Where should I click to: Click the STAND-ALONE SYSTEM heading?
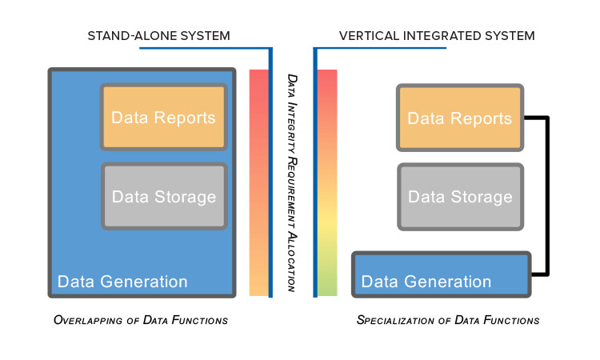[x=159, y=36]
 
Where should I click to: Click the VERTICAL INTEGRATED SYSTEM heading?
[x=437, y=36]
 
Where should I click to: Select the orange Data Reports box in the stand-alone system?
[x=164, y=117]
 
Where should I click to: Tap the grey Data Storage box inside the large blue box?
[x=164, y=196]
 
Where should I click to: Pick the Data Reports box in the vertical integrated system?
[x=460, y=118]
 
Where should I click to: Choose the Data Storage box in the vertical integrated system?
[x=460, y=197]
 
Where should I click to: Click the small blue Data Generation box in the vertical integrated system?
[x=441, y=274]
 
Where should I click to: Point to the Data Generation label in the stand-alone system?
[x=122, y=282]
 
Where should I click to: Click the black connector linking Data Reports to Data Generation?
[x=548, y=196]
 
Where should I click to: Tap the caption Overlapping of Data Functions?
[x=141, y=320]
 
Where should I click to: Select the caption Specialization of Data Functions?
[x=448, y=320]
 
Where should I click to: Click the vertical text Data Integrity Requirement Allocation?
[x=292, y=183]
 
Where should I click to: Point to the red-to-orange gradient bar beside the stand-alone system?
[x=259, y=182]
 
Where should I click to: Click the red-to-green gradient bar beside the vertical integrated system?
[x=327, y=182]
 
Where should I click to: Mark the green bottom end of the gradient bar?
[x=327, y=289]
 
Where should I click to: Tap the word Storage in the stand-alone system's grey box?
[x=186, y=197]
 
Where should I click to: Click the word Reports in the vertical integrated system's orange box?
[x=481, y=118]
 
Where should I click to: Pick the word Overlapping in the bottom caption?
[x=88, y=320]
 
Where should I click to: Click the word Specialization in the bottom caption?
[x=395, y=320]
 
